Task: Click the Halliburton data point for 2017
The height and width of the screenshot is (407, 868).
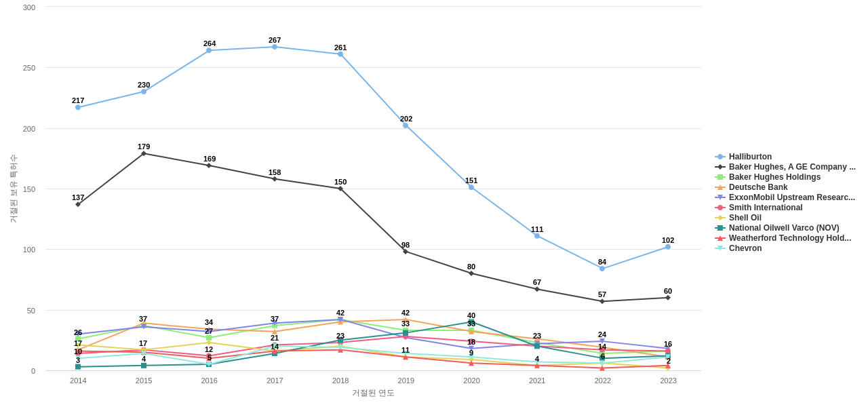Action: click(275, 47)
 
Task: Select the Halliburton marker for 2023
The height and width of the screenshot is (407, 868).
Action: click(668, 247)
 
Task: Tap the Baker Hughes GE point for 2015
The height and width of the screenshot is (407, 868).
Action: click(144, 153)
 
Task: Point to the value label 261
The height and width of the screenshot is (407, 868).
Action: click(340, 47)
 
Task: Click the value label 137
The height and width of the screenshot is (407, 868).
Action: click(78, 197)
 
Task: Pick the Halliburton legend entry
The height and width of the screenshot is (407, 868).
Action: click(750, 157)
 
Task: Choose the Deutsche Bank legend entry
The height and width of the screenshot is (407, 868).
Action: click(758, 187)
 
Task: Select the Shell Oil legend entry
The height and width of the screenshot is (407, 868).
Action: click(745, 218)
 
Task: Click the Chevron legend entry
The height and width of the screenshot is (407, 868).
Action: click(745, 248)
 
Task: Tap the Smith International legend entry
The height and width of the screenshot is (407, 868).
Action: click(766, 208)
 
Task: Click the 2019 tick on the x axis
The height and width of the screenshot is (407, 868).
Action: click(406, 381)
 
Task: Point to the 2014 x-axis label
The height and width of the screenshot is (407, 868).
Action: click(78, 381)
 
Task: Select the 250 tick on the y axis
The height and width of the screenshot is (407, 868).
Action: click(28, 68)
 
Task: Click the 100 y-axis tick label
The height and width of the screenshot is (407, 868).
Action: click(28, 250)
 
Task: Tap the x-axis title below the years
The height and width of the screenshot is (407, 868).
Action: click(373, 393)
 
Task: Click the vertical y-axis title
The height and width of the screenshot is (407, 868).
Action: click(13, 189)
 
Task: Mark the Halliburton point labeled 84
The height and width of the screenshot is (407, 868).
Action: click(602, 269)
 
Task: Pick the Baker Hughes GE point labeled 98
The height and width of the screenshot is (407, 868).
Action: click(406, 252)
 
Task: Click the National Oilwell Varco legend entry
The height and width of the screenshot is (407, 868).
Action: click(783, 228)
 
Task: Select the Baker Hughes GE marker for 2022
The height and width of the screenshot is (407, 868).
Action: click(602, 301)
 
